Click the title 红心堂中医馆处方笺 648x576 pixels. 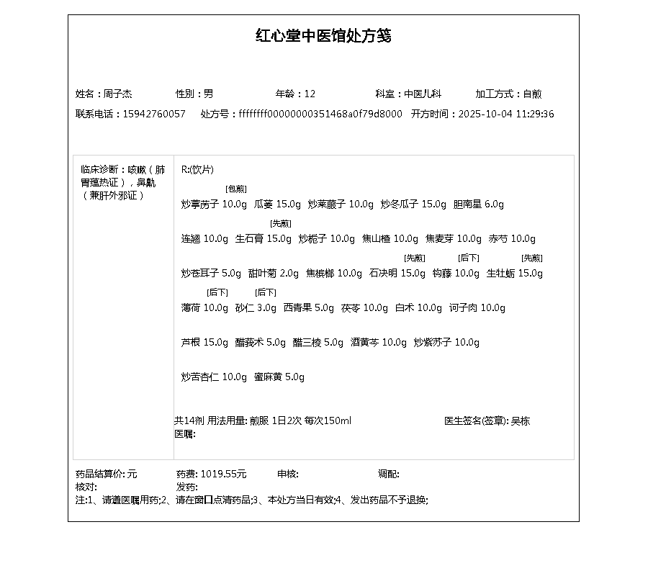[x=323, y=36]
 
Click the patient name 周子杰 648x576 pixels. [x=117, y=94]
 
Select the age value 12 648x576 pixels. [x=310, y=94]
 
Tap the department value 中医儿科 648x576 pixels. [x=422, y=94]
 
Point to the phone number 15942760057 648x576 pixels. [x=154, y=114]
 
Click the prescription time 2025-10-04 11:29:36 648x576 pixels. [x=506, y=114]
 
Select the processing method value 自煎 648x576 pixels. [x=532, y=94]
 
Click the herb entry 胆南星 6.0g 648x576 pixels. [x=479, y=204]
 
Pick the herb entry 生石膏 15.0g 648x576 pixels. [x=264, y=239]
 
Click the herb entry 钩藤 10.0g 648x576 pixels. [x=456, y=274]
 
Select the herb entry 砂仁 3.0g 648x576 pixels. [x=256, y=308]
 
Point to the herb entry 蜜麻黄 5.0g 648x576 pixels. [x=279, y=377]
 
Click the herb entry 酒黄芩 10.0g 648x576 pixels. [x=379, y=343]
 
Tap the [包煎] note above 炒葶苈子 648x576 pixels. [x=236, y=189]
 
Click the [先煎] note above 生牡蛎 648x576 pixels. [x=532, y=258]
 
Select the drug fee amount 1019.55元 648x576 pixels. [x=223, y=474]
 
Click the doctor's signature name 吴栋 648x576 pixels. [x=521, y=421]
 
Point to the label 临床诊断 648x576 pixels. [x=99, y=170]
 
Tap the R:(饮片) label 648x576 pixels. [x=197, y=170]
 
